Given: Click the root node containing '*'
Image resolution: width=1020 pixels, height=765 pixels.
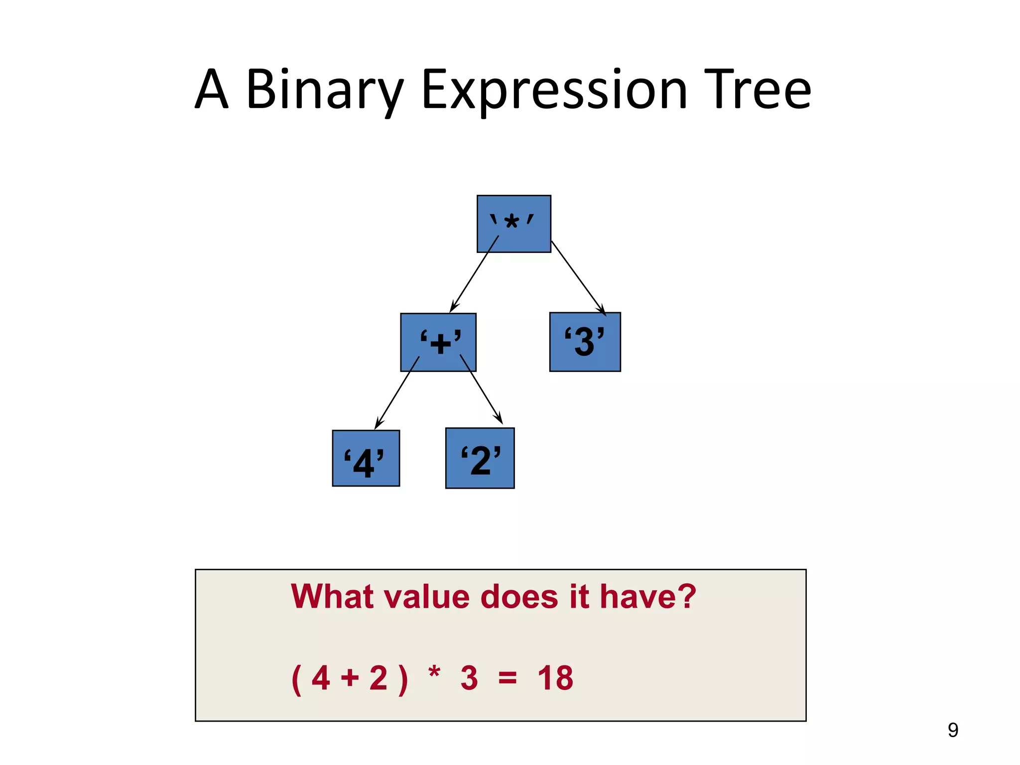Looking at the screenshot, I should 513,224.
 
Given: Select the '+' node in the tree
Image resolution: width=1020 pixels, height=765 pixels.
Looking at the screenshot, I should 438,342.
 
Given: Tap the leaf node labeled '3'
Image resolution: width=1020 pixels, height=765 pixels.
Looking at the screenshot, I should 585,342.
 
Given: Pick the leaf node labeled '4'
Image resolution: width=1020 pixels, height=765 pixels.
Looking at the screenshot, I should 366,458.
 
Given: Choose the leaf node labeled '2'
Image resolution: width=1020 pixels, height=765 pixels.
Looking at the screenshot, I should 480,458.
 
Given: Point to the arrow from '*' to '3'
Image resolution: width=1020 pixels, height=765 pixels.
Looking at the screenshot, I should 578,277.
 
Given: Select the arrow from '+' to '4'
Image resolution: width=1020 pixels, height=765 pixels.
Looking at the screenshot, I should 397,392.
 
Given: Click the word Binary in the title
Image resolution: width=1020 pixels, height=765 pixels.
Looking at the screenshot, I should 324,90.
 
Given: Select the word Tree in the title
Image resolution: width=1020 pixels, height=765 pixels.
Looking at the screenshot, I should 757,90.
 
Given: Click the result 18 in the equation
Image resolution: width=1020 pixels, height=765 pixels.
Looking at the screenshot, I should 555,678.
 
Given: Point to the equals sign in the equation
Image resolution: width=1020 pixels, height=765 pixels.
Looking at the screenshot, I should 508,678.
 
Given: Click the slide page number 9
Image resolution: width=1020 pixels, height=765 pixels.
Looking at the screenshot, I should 953,730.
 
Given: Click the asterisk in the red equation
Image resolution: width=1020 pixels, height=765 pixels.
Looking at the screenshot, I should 434,673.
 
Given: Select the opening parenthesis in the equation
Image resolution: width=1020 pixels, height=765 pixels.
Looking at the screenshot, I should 296,679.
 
